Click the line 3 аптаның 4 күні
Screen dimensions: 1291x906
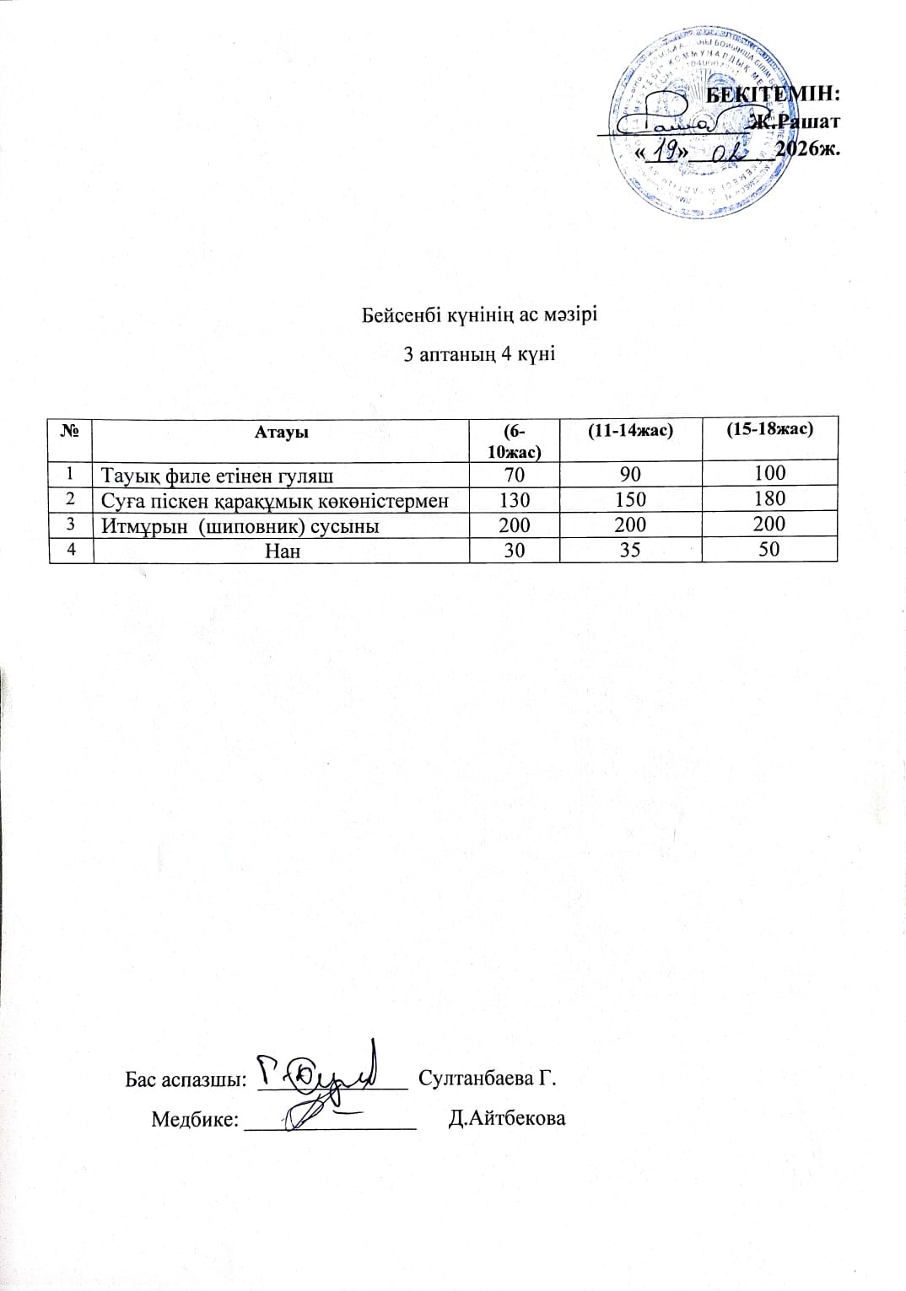[479, 354]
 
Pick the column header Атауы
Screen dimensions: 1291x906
[281, 432]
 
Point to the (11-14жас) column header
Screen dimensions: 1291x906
[630, 429]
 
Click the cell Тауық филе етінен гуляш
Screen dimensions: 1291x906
[217, 475]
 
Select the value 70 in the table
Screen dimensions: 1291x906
[514, 474]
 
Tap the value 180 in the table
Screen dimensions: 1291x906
[769, 498]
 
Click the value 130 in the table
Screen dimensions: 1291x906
[514, 499]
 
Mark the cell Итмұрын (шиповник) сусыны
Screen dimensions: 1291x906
[240, 526]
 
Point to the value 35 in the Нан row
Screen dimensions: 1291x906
[630, 551]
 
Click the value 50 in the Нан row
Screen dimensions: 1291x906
[769, 550]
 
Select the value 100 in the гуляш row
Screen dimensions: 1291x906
[769, 473]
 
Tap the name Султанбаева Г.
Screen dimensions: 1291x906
[488, 1079]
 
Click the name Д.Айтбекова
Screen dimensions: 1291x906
[507, 1119]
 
